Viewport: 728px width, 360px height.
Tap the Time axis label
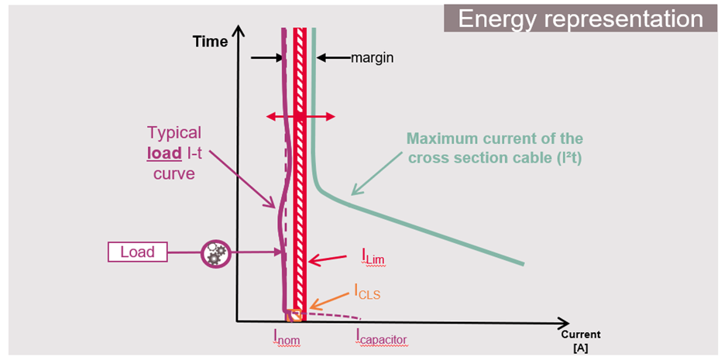(211, 42)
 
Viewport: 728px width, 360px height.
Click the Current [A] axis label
(580, 341)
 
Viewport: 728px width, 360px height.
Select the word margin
(372, 58)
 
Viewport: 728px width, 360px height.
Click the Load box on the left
(138, 252)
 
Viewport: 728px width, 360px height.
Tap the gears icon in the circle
(216, 253)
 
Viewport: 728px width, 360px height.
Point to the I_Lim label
(374, 256)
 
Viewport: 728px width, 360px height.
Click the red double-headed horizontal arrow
(300, 117)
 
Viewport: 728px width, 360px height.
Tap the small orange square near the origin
(294, 315)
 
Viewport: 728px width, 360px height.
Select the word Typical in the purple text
(174, 133)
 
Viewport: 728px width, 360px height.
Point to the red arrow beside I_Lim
(328, 260)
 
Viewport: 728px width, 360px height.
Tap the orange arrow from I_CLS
(329, 300)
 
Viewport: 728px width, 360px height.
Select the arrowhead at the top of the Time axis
(239, 30)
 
